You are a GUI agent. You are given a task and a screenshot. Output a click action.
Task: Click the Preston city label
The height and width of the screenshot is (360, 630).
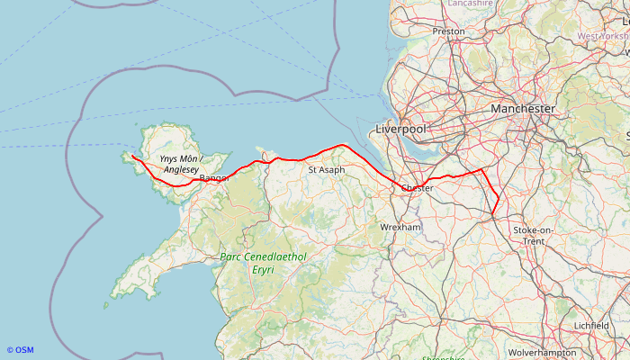448,31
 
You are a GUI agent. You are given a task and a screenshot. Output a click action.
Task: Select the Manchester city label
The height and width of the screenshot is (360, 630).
523,108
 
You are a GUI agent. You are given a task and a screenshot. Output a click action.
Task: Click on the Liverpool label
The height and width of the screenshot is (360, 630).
400,130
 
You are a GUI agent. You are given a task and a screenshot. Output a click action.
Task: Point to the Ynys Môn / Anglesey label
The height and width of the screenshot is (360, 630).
179,164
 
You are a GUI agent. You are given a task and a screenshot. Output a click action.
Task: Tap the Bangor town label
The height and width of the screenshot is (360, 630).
214,178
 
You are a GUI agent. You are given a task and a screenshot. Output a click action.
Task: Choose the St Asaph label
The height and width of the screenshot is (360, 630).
326,169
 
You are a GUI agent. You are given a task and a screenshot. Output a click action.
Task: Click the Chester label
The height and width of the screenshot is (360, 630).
417,188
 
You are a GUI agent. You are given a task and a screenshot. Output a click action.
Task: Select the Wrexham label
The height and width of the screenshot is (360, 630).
400,228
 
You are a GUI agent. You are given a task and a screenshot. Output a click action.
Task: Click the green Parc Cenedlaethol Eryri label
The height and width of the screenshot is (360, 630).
263,263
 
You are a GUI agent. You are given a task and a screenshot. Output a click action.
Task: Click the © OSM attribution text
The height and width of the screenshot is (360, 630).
20,350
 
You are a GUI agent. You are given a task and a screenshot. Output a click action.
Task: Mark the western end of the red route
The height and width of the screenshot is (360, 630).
131,156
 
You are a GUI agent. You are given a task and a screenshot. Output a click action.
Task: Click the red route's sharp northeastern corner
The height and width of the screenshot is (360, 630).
482,168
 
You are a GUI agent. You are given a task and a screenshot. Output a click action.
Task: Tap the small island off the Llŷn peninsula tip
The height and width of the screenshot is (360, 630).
105,305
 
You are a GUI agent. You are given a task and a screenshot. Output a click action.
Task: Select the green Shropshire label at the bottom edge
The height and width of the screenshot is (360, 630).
443,357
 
